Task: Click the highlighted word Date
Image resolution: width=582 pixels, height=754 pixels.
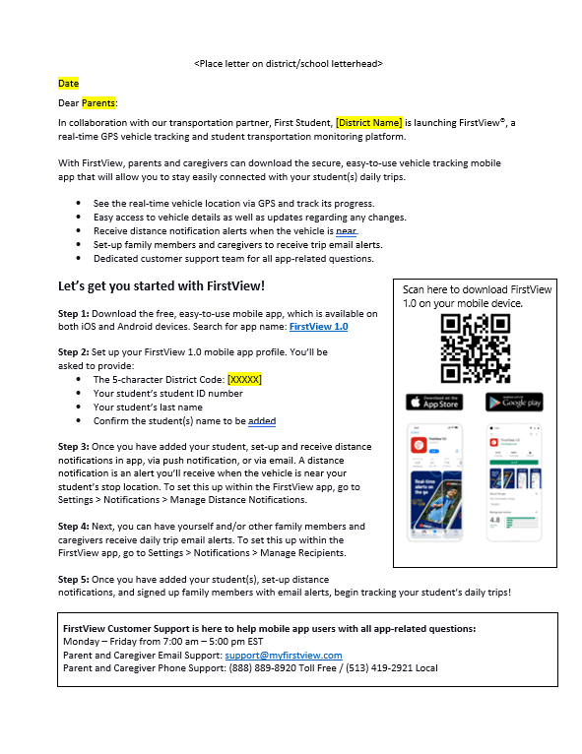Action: [68, 84]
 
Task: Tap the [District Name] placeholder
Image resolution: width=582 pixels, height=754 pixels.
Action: [369, 122]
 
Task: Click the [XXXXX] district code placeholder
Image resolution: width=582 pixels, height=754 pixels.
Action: [244, 379]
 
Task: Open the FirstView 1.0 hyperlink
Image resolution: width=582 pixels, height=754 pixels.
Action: [318, 326]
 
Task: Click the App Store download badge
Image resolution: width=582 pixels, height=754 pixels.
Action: [434, 402]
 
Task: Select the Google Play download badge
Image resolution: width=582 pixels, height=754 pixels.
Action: [514, 402]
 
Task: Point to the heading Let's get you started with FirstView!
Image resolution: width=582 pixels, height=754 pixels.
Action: [162, 285]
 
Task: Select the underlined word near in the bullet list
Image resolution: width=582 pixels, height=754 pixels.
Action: [346, 230]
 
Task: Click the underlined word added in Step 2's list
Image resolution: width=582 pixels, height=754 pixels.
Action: [262, 421]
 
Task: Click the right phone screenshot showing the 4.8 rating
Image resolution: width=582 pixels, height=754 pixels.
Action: [514, 483]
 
